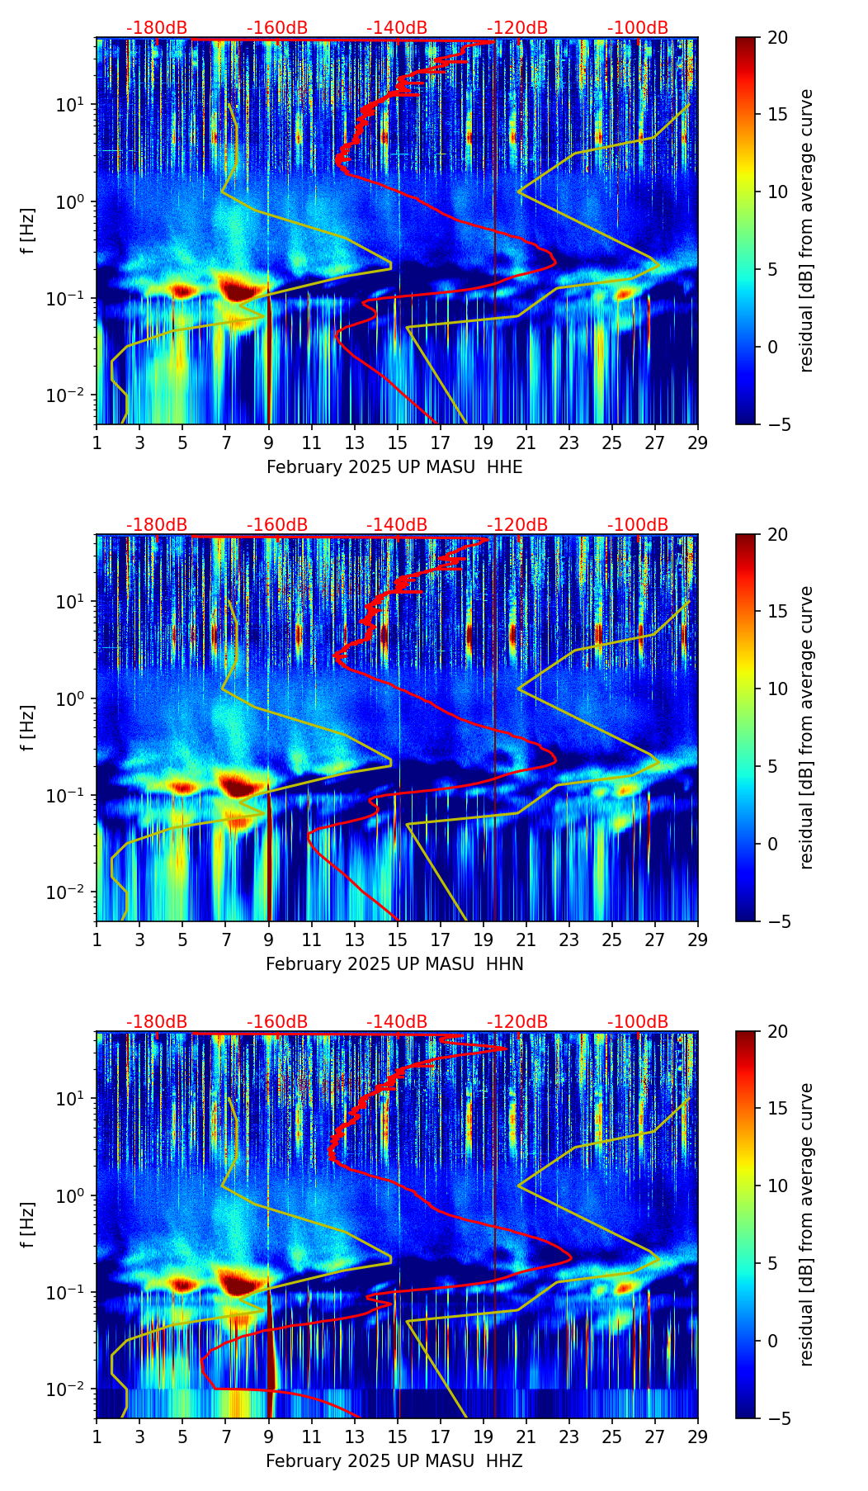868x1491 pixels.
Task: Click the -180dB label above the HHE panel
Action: click(x=157, y=28)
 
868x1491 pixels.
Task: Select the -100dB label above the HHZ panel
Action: click(x=638, y=1022)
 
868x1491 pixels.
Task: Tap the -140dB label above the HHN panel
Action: click(x=397, y=525)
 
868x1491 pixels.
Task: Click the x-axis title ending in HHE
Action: click(x=394, y=467)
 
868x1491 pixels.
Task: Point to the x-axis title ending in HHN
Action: click(x=394, y=964)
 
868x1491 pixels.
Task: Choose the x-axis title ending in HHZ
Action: click(x=394, y=1461)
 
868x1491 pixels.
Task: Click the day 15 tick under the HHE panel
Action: click(x=398, y=442)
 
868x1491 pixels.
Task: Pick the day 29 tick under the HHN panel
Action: click(x=698, y=939)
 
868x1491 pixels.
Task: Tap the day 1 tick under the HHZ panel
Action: click(x=97, y=1436)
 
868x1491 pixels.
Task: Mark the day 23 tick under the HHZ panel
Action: click(x=569, y=1436)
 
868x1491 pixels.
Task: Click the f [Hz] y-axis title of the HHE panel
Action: click(x=28, y=230)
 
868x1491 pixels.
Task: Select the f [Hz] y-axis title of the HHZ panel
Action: click(x=28, y=1224)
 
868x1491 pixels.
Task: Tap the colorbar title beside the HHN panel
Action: click(x=807, y=727)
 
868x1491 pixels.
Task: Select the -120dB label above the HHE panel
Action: click(x=517, y=28)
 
